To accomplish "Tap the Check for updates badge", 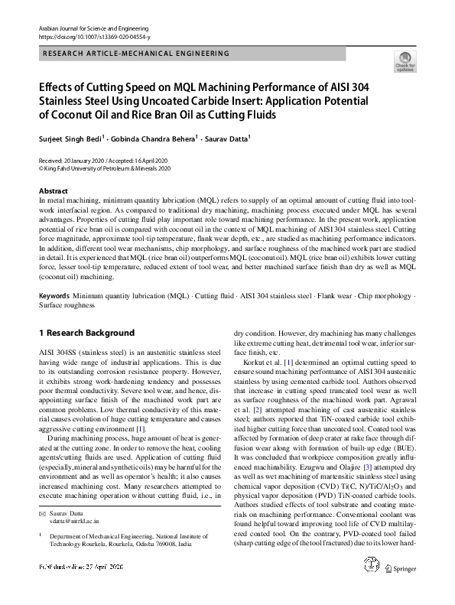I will (405, 61).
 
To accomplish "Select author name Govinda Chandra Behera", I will (150, 140).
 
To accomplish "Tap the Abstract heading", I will (53, 190).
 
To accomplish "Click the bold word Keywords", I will (55, 295).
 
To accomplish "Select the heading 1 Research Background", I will (86, 333).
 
